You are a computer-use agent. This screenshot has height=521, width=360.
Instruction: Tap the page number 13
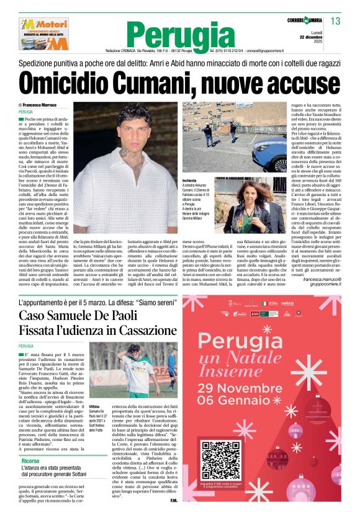(336, 22)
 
